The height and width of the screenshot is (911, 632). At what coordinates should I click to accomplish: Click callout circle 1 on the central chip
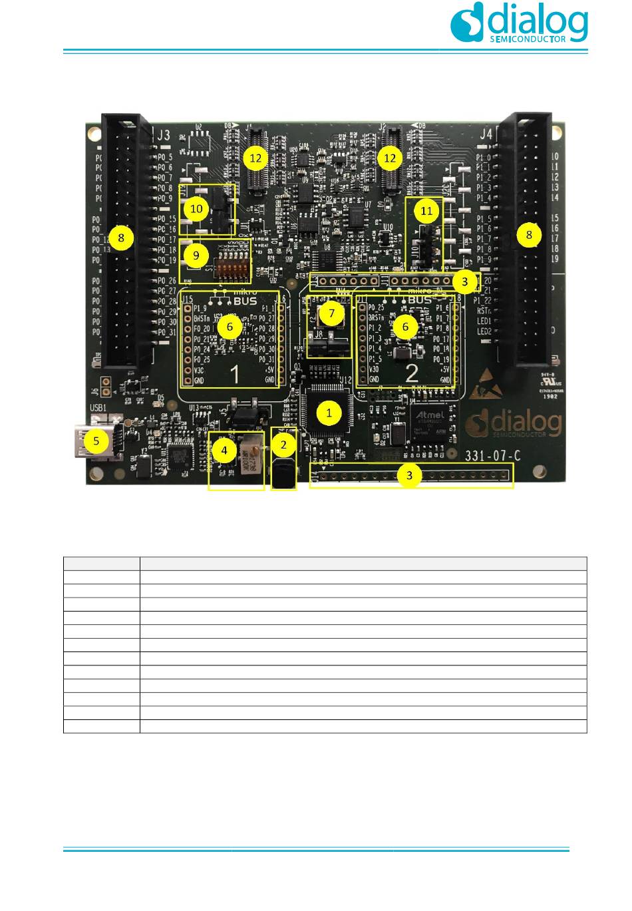tap(329, 413)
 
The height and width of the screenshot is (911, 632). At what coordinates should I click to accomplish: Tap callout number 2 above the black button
tap(284, 445)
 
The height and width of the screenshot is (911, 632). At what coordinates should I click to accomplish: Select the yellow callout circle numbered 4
tap(224, 451)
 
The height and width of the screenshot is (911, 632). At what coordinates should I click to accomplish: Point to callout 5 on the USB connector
tap(96, 441)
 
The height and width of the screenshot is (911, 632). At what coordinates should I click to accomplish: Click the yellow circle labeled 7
tap(332, 313)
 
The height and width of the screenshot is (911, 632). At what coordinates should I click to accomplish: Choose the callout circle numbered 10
tap(196, 208)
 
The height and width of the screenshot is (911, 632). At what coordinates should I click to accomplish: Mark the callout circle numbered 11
tap(426, 211)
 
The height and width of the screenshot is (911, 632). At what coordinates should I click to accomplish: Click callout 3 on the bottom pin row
tap(409, 475)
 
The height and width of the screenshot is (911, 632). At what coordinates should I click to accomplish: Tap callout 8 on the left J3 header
tap(121, 237)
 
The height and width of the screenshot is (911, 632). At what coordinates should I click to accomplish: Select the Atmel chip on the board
tap(430, 421)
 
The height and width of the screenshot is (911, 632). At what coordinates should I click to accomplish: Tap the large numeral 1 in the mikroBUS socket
tap(235, 375)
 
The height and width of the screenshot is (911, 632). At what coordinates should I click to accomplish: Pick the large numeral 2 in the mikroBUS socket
tap(412, 373)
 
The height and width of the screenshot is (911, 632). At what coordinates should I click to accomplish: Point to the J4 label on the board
tap(487, 134)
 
